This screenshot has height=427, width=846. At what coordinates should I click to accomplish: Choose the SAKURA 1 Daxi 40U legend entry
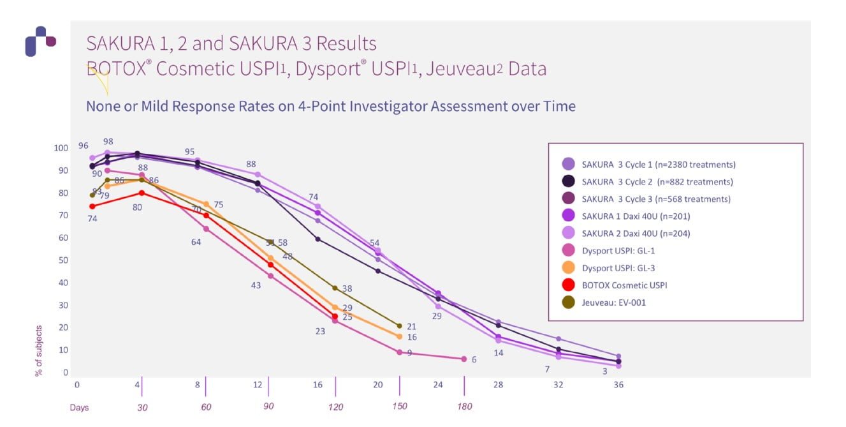pos(636,216)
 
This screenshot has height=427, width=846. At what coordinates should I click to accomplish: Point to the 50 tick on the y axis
pos(62,260)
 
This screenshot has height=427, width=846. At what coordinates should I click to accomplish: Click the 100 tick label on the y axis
pos(60,148)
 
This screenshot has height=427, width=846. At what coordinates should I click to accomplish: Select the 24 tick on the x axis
pos(437,385)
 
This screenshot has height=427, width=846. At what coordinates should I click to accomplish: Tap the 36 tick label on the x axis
pos(618,385)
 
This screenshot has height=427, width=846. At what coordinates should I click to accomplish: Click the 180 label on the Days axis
pos(465,407)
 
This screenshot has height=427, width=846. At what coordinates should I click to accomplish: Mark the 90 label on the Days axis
pos(268,407)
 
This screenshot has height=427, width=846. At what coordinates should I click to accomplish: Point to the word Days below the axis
pos(79,407)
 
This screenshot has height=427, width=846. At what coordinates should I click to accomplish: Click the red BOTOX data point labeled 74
pos(92,206)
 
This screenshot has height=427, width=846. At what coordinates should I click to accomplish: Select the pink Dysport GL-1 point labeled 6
pos(464,359)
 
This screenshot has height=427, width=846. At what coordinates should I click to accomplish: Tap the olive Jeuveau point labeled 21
pos(400,326)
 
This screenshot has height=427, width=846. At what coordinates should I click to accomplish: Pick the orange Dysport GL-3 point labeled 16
pos(400,336)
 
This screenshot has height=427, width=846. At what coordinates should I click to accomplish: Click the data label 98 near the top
pos(108,141)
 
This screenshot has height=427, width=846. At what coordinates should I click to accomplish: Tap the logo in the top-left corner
pos(40,41)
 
